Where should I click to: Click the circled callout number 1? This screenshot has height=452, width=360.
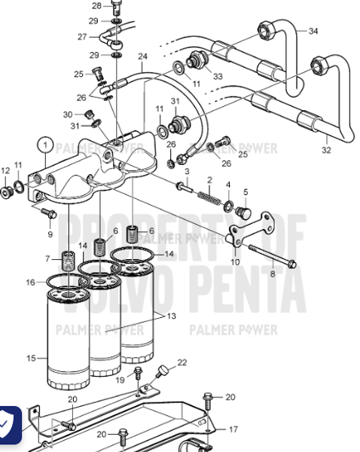(x=46, y=143)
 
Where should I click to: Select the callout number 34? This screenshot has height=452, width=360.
(x=313, y=31)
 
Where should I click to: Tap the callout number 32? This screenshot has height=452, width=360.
(x=326, y=150)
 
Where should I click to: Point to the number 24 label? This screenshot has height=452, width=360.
(x=142, y=56)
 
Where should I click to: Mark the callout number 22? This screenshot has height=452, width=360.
(x=182, y=363)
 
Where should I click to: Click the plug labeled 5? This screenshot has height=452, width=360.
(x=242, y=214)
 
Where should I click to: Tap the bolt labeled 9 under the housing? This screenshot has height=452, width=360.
(x=48, y=215)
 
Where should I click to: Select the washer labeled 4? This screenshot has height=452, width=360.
(x=228, y=204)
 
